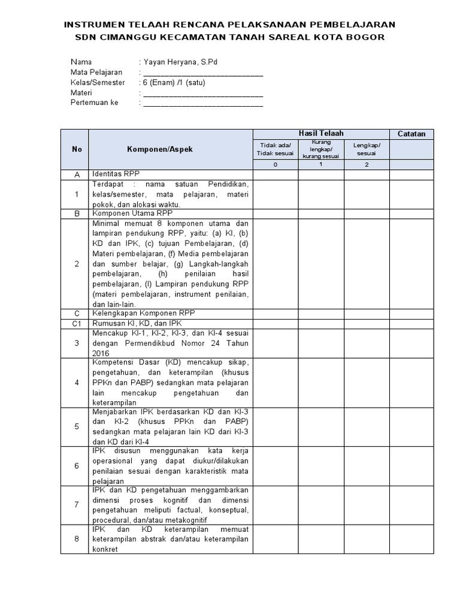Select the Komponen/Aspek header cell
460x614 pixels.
click(x=159, y=149)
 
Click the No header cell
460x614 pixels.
click(x=77, y=149)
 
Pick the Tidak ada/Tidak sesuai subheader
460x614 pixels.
click(x=276, y=149)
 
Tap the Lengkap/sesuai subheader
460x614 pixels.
click(x=366, y=149)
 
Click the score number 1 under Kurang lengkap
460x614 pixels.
click(x=321, y=165)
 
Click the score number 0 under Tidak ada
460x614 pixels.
click(x=276, y=165)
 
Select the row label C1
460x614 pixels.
click(x=77, y=324)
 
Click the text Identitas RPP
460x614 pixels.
click(x=115, y=174)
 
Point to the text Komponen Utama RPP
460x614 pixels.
click(x=132, y=213)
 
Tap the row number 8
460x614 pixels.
click(x=77, y=539)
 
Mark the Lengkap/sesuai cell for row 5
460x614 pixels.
click(x=366, y=426)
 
